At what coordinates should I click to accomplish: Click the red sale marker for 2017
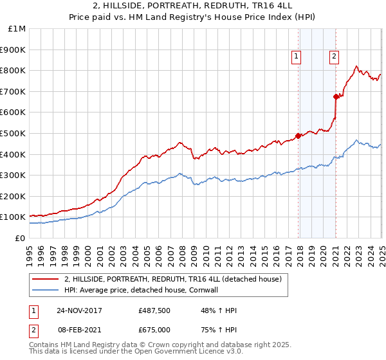pos(299,136)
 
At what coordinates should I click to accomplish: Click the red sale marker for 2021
pos(336,96)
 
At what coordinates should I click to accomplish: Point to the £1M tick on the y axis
pos(17,29)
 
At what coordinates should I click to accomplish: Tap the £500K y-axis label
pos(13,134)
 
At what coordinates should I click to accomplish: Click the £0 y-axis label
pos(21,238)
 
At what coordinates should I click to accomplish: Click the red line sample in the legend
pos(45,280)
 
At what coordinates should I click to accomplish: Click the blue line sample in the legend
pos(45,291)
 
